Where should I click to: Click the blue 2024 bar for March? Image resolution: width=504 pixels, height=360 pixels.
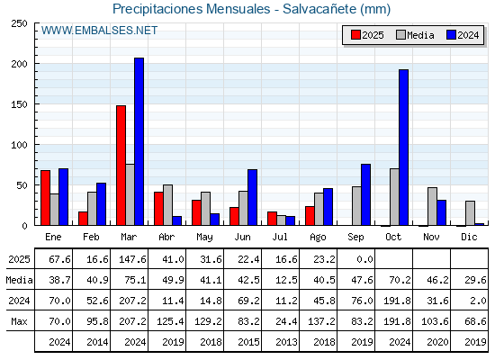(x=139, y=141)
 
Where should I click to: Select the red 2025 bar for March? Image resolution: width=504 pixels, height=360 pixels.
(x=121, y=166)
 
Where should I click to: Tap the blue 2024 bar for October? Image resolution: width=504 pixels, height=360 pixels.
(x=404, y=148)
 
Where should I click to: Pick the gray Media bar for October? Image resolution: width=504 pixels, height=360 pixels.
(x=394, y=197)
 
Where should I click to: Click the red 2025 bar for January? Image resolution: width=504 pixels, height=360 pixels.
(x=46, y=198)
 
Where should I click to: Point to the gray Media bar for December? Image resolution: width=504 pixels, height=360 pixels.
(x=470, y=213)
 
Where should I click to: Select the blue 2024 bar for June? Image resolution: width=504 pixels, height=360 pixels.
(x=252, y=197)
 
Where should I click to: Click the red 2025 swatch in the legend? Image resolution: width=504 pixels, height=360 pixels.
(x=355, y=35)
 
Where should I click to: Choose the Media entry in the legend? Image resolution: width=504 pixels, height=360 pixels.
(x=415, y=35)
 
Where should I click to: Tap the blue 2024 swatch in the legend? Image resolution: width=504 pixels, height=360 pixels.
(x=451, y=35)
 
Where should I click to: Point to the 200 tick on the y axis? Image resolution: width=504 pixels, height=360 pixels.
(x=36, y=64)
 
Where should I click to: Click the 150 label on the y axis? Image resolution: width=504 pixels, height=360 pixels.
(x=19, y=104)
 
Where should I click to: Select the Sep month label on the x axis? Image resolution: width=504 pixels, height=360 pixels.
(x=355, y=238)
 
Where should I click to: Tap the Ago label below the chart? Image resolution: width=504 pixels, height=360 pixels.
(x=318, y=238)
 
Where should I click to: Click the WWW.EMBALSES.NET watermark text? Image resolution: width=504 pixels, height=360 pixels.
(x=99, y=31)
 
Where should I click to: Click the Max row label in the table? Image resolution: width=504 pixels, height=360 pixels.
(x=19, y=321)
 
